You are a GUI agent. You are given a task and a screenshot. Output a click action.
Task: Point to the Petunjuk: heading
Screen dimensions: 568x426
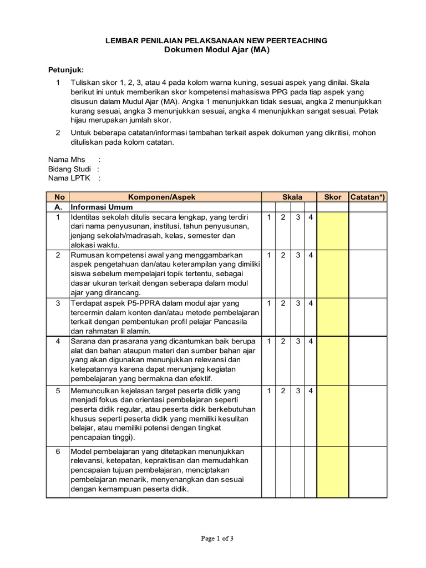[x=65, y=70]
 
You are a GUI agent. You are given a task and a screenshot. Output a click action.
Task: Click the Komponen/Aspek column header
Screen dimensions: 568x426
[x=165, y=197]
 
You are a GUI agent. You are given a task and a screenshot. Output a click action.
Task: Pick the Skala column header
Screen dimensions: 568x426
[x=292, y=197]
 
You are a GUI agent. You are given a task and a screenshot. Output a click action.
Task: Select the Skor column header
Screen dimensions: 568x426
[x=332, y=197]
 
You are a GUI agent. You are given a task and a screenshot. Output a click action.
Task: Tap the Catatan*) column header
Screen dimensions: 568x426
[x=368, y=197]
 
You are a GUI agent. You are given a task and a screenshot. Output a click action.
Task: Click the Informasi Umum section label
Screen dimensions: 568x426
[x=98, y=207]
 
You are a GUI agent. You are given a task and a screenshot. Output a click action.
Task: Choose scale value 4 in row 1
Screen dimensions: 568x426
[x=311, y=217]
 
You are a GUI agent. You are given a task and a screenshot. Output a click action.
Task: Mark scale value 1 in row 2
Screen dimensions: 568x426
[x=268, y=255]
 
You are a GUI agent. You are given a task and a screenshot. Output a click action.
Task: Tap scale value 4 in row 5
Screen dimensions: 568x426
[x=311, y=391]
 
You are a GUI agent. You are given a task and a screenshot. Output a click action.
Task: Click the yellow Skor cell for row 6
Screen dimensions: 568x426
[x=332, y=470]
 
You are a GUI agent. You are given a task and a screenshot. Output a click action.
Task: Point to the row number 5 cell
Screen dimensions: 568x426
[x=58, y=391]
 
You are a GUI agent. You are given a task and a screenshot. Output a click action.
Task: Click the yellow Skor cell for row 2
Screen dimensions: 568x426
[x=332, y=274]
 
